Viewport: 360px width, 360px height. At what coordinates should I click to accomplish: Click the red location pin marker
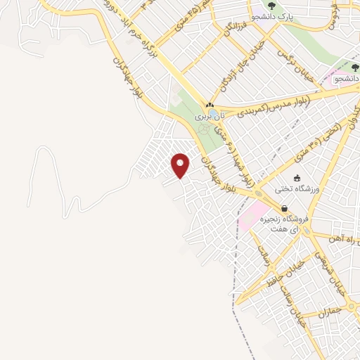[x=181, y=165]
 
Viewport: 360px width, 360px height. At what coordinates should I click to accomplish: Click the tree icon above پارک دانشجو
[x=271, y=6]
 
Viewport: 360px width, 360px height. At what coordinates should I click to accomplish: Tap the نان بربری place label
[x=210, y=115]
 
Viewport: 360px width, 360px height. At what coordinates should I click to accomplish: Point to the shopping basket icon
[x=284, y=208]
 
